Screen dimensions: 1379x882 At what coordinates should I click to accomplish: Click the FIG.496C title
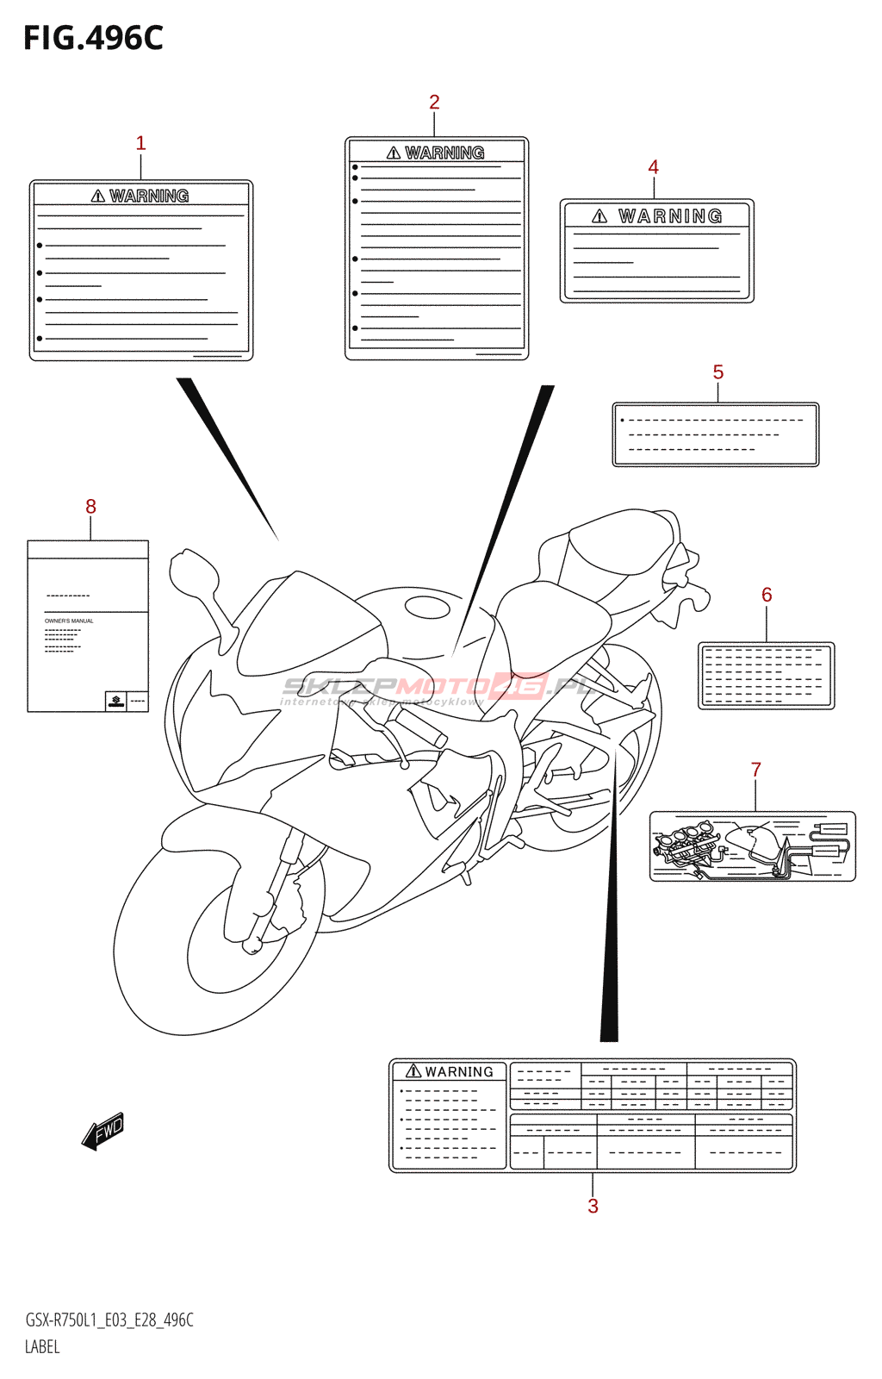(93, 38)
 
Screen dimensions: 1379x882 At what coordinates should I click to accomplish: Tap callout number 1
(140, 143)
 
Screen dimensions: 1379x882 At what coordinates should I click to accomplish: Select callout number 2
(434, 103)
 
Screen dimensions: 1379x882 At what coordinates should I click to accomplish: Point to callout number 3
(593, 1206)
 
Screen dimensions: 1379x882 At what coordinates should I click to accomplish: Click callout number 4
(653, 167)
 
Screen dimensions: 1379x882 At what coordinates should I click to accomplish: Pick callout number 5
(717, 372)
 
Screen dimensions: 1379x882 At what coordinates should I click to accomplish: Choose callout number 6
(767, 595)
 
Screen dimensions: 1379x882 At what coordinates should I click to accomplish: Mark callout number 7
(755, 770)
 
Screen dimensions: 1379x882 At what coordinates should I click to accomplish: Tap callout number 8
(90, 507)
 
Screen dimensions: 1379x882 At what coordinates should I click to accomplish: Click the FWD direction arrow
(103, 1130)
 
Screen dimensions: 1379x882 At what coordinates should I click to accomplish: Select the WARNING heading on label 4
(658, 216)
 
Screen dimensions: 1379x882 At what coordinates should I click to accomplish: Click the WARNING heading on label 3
(450, 1072)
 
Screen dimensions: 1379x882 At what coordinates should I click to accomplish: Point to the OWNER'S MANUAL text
(69, 621)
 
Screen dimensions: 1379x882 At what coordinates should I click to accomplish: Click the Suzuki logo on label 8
(115, 702)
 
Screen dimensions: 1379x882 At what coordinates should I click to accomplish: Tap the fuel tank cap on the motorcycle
(427, 607)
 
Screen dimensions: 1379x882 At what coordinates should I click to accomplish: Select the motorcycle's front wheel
(215, 939)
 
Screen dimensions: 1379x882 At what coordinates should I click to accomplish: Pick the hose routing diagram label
(752, 846)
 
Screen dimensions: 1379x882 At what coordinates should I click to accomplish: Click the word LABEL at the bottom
(42, 1347)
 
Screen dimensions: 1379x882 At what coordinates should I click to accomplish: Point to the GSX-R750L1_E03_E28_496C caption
(109, 1320)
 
